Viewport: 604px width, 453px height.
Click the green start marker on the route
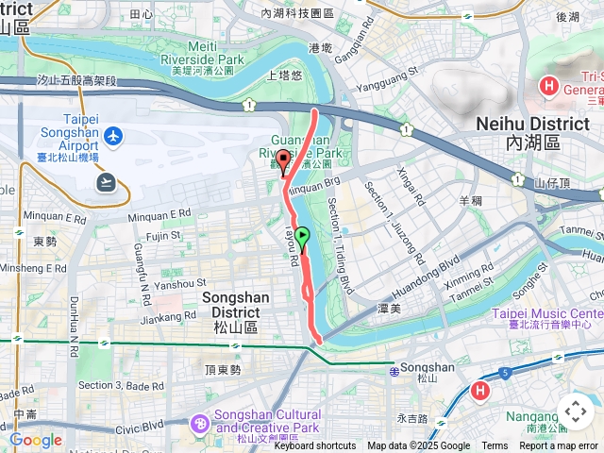pyautogui.click(x=302, y=236)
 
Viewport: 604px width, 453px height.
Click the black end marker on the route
pyautogui.click(x=283, y=159)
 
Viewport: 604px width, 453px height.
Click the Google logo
pyautogui.click(x=35, y=440)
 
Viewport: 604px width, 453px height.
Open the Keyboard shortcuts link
pyautogui.click(x=315, y=446)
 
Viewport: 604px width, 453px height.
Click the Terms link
pyautogui.click(x=495, y=446)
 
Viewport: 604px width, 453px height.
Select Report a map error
pyautogui.click(x=558, y=446)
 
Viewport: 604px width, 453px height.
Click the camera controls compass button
pyautogui.click(x=575, y=411)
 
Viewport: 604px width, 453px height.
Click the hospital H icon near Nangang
pyautogui.click(x=480, y=390)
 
